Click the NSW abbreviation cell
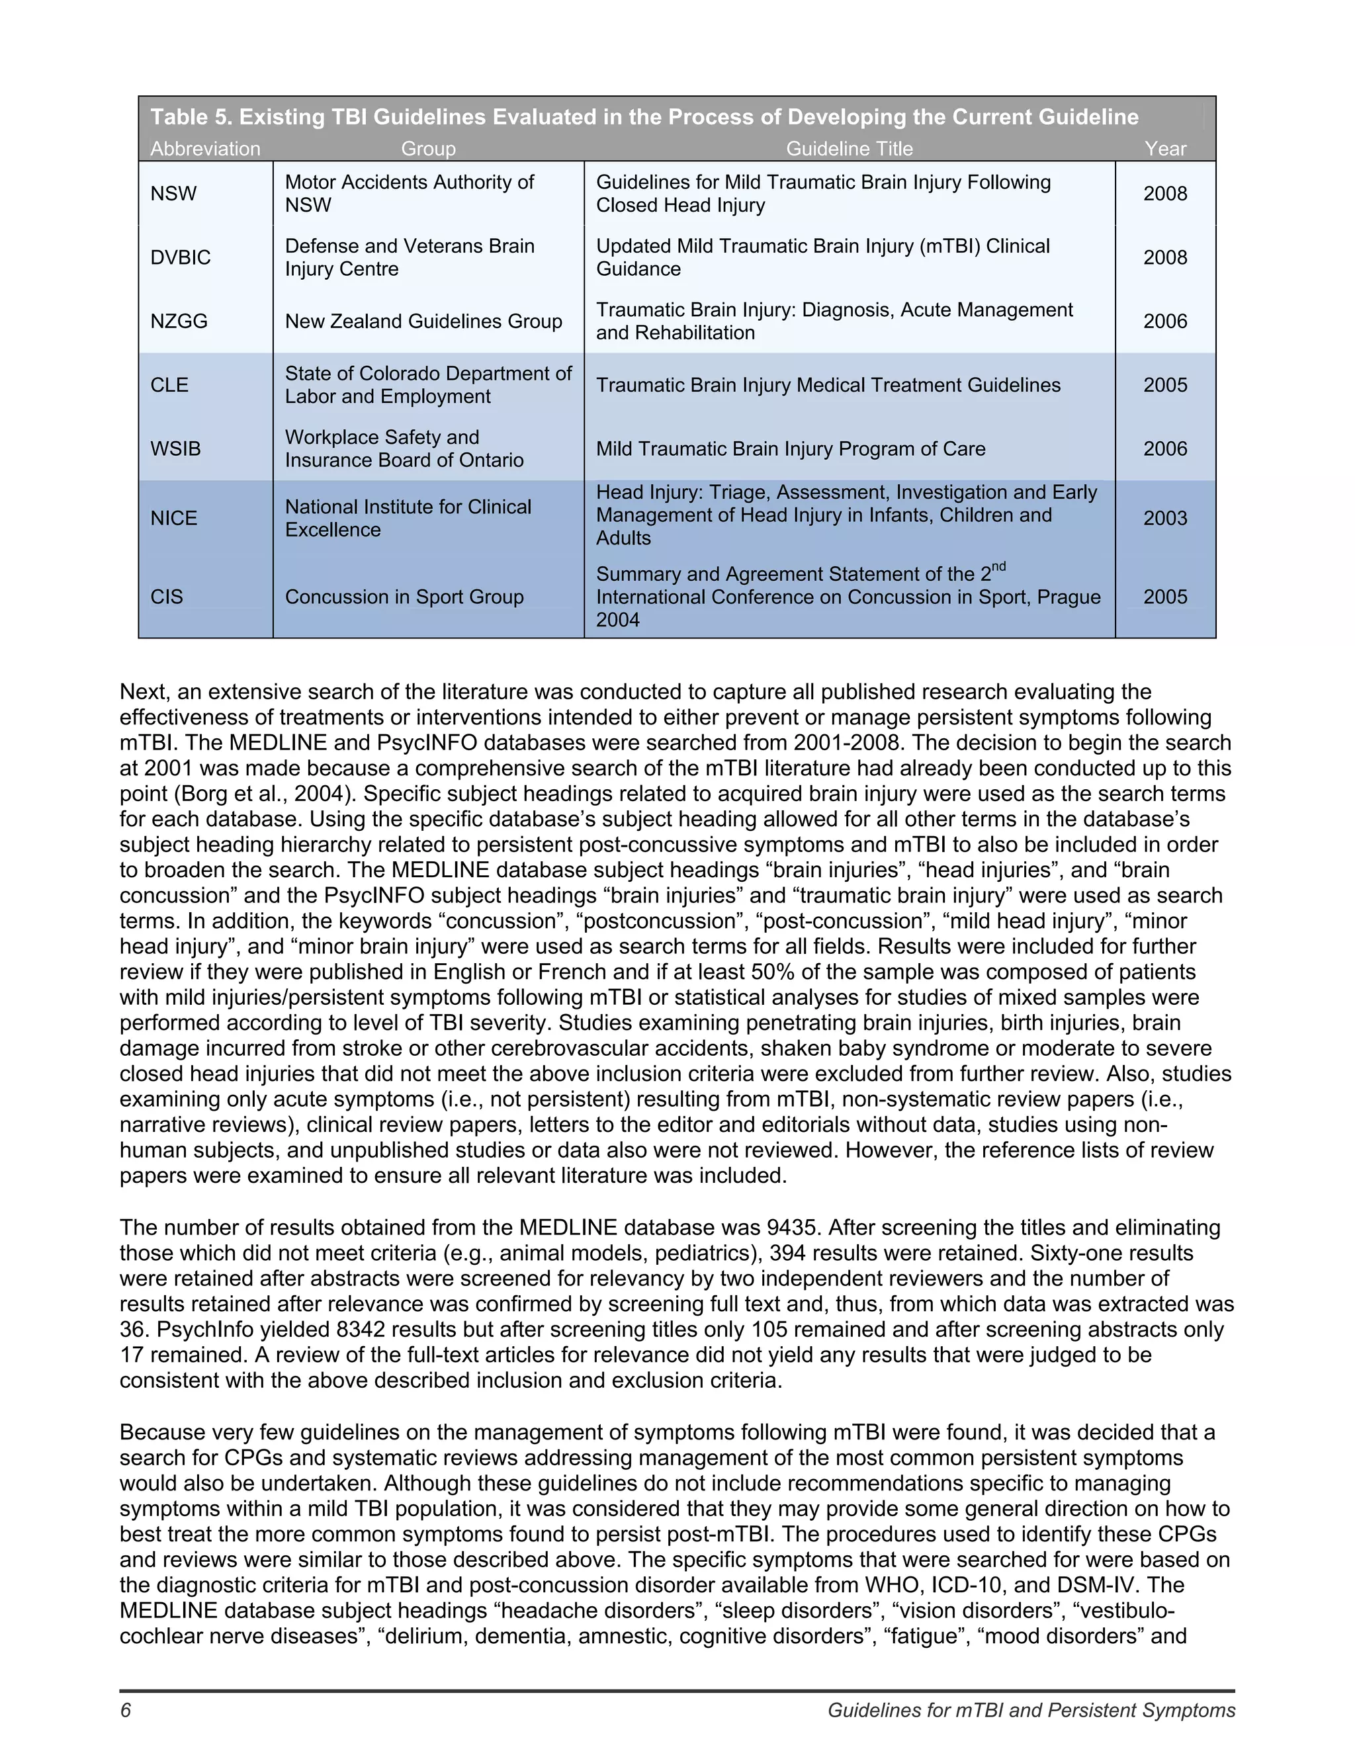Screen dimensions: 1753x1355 click(173, 193)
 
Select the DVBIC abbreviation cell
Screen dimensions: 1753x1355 click(181, 257)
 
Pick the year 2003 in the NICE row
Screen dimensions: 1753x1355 click(1164, 518)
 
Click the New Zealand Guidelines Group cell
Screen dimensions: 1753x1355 click(423, 321)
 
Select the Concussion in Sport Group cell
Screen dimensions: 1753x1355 click(404, 597)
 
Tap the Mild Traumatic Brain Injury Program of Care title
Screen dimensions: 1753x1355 click(790, 449)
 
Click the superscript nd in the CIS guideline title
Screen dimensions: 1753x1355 click(998, 567)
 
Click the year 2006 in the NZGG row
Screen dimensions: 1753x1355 click(1164, 321)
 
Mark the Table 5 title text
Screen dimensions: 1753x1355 click(644, 117)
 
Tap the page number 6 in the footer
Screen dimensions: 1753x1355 click(125, 1711)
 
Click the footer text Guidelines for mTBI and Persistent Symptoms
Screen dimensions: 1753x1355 click(1031, 1711)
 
